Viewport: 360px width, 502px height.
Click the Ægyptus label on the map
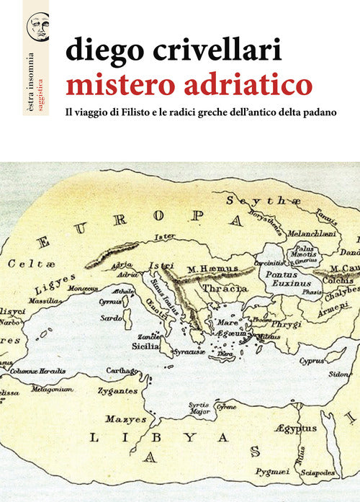coord(295,429)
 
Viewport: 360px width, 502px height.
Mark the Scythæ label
coord(251,203)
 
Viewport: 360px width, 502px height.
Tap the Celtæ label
coord(30,265)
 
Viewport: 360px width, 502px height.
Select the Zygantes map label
coord(119,390)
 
